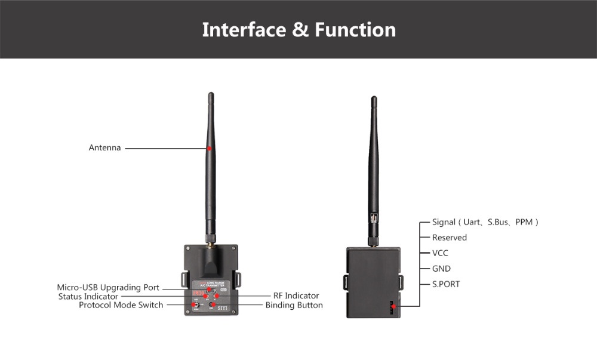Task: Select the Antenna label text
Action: [x=104, y=147]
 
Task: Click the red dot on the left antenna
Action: [x=210, y=147]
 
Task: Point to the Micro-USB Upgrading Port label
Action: [x=108, y=287]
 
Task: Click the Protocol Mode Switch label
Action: [x=121, y=305]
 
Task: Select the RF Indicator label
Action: [x=296, y=296]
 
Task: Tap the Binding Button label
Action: [x=294, y=305]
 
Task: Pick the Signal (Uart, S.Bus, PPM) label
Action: [x=485, y=222]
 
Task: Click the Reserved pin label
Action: [x=450, y=238]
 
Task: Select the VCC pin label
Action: [x=440, y=253]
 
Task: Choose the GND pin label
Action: [x=441, y=269]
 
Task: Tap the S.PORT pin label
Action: [x=446, y=284]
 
